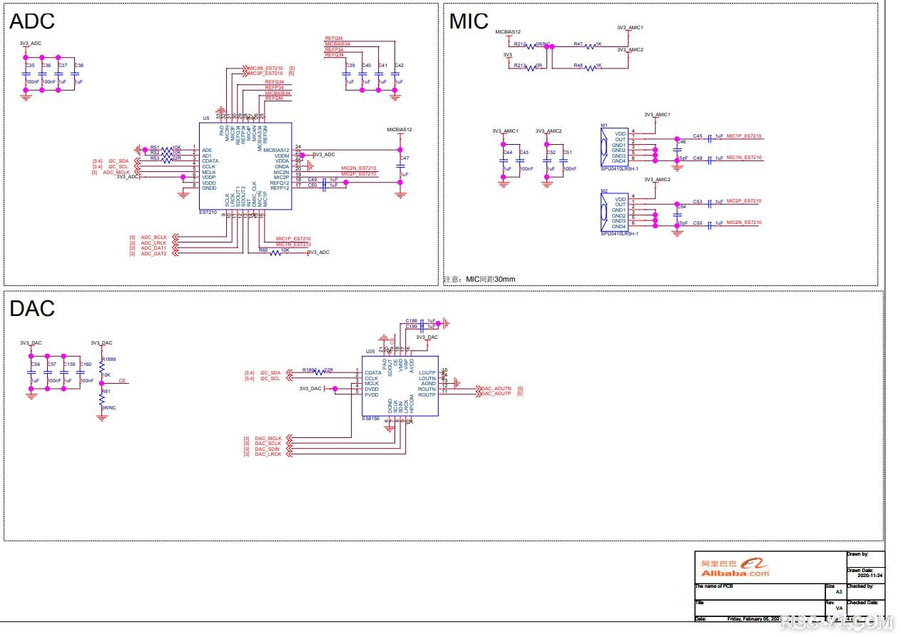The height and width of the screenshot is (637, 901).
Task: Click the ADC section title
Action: [x=32, y=21]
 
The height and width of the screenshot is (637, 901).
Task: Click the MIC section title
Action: [x=469, y=21]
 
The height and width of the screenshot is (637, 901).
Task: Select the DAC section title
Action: [x=32, y=309]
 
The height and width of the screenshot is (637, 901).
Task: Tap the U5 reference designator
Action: [x=206, y=118]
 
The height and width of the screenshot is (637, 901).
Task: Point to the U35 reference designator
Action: [x=370, y=352]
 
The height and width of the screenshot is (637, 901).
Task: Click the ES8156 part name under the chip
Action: [x=371, y=419]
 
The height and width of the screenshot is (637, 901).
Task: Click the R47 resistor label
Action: [x=578, y=44]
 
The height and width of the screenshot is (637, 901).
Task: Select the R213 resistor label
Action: [x=519, y=66]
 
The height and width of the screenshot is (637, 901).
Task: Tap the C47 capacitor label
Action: [x=404, y=158]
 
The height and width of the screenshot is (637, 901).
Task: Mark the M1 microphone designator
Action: [x=604, y=126]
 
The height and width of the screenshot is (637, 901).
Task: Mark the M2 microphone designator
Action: [x=604, y=190]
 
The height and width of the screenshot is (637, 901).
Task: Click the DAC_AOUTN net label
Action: [x=497, y=388]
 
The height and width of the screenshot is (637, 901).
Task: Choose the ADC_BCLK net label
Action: [x=153, y=237]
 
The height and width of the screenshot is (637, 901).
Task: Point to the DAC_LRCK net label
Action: [x=268, y=454]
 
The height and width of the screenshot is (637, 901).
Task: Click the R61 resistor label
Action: [x=106, y=392]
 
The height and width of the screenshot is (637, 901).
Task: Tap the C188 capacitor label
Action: [x=411, y=321]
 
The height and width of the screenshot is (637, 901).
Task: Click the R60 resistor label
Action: [x=263, y=250]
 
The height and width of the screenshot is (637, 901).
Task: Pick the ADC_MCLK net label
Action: [x=116, y=173]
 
